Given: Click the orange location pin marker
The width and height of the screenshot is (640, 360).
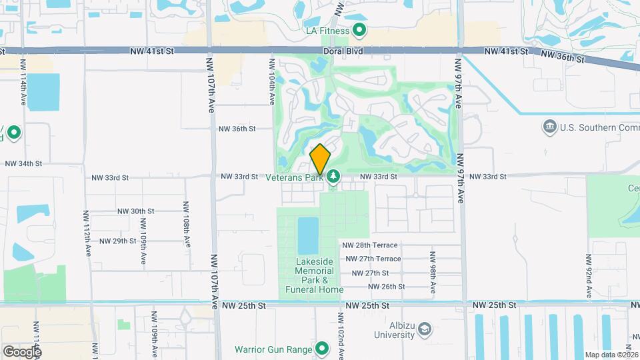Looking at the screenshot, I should [x=320, y=159].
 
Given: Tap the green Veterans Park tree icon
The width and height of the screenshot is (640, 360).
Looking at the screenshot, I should [x=333, y=177].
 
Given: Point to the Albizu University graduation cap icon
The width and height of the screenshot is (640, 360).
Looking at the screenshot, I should [x=424, y=329].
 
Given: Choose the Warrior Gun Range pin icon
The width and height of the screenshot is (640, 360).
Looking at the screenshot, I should [x=323, y=349].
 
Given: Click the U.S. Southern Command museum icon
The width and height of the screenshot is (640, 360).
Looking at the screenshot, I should [x=549, y=126].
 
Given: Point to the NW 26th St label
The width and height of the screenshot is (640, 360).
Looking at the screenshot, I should [x=386, y=287].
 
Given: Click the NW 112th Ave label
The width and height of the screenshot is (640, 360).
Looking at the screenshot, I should [x=87, y=233].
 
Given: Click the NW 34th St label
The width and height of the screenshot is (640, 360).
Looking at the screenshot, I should [x=23, y=163].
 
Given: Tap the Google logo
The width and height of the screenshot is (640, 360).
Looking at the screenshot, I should [x=22, y=351].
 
